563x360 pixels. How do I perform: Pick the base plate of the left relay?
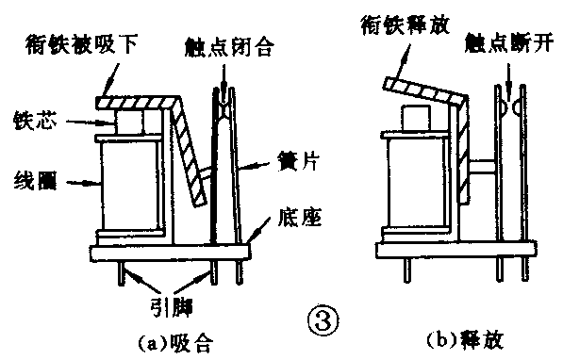pyautogui.click(x=170, y=254)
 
